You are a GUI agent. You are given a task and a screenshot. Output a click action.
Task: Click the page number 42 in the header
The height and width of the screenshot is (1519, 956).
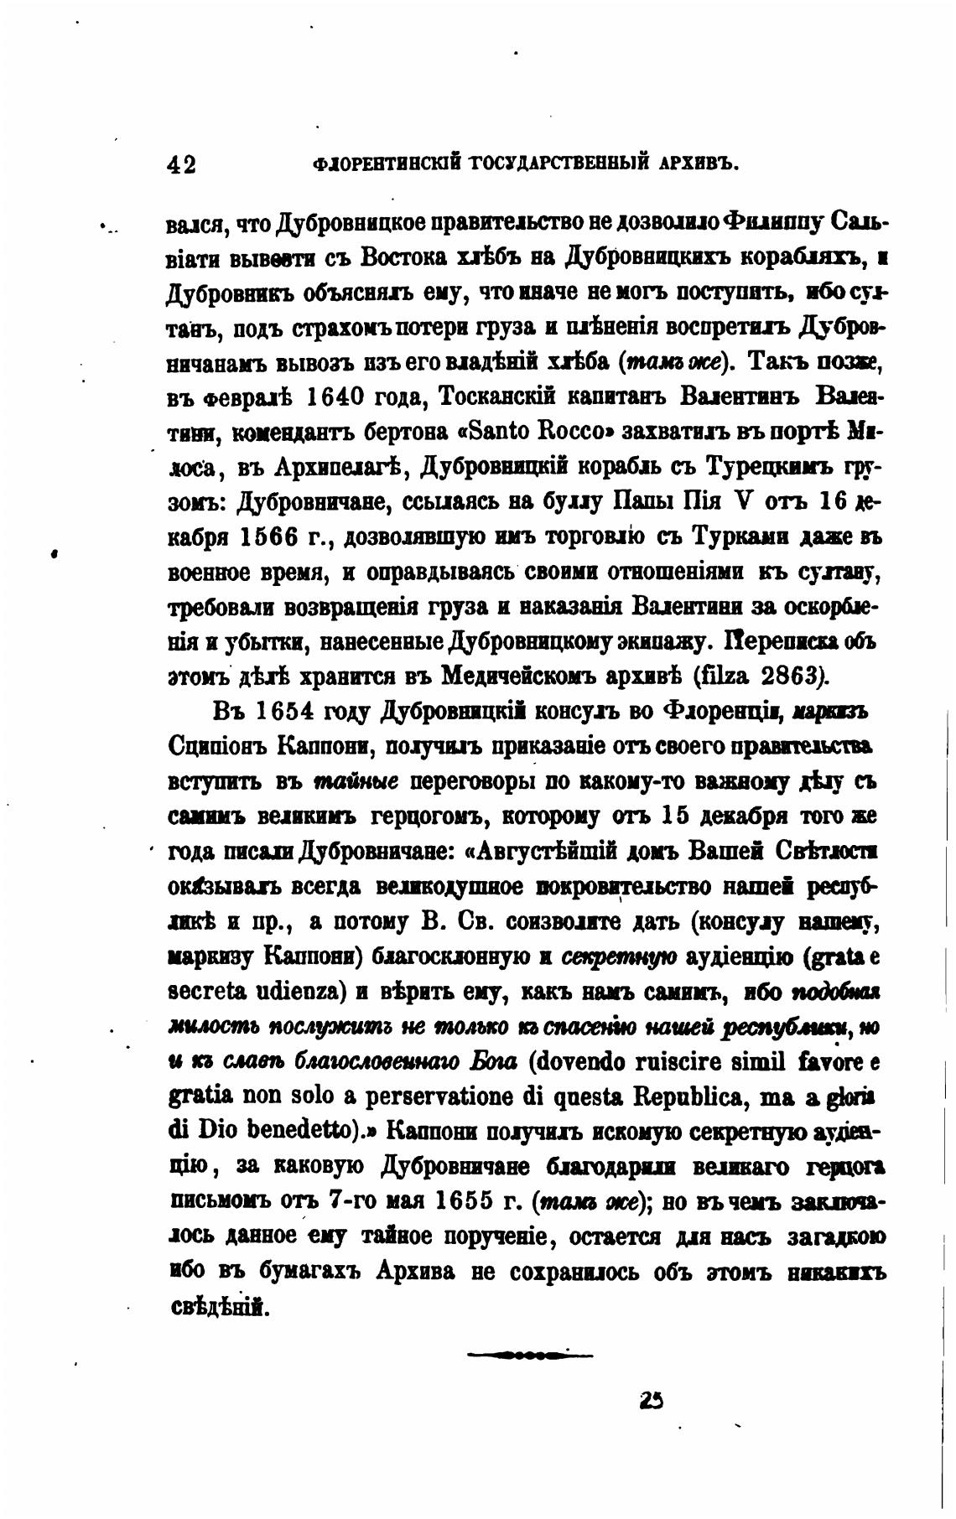pyautogui.click(x=182, y=164)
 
